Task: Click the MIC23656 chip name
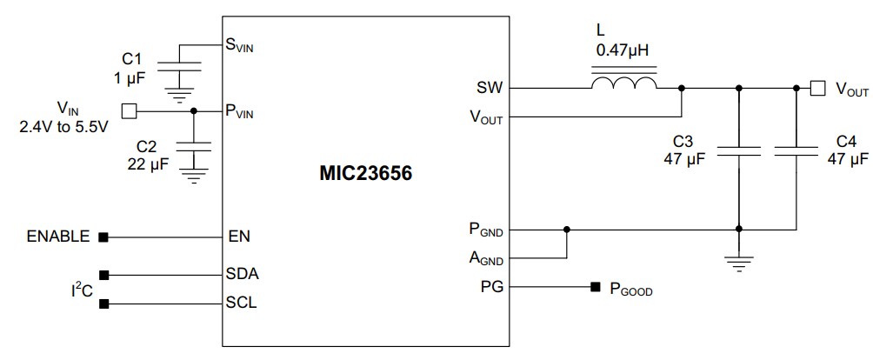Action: tap(364, 174)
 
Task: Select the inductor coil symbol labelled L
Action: tap(623, 83)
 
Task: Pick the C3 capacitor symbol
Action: tap(738, 151)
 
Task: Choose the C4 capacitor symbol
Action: tap(796, 151)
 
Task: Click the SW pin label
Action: tap(489, 88)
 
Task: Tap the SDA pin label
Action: tap(243, 273)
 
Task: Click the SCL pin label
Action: tap(242, 303)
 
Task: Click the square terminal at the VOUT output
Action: tap(816, 87)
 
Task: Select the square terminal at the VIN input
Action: tap(129, 110)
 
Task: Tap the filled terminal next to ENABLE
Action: tap(103, 236)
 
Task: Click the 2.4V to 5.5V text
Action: tap(63, 127)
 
